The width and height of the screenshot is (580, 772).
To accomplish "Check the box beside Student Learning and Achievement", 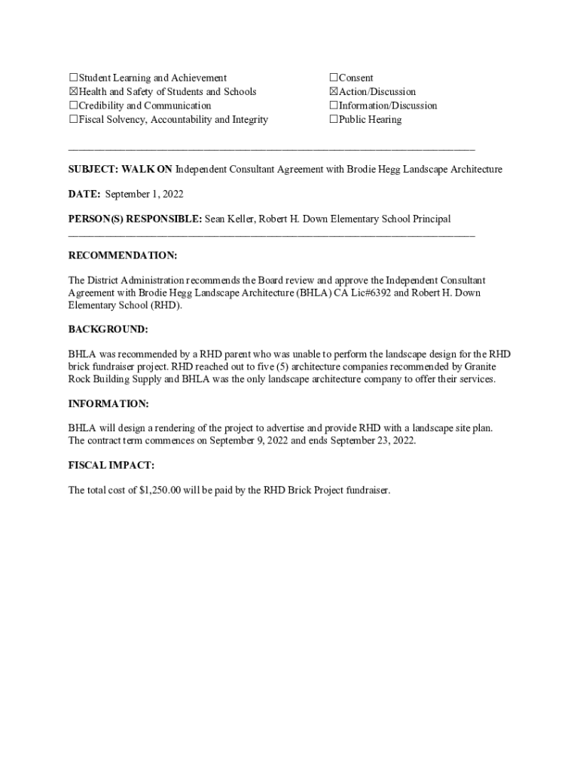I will pyautogui.click(x=73, y=78).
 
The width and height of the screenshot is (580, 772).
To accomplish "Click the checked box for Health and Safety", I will pyautogui.click(x=73, y=92).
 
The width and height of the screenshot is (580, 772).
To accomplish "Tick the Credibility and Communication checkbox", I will pyautogui.click(x=73, y=106).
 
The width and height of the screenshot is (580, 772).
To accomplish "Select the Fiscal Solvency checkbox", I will pyautogui.click(x=73, y=120).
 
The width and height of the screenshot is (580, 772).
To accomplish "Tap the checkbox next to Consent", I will pyautogui.click(x=334, y=78).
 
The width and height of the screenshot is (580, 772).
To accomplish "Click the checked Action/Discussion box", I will pyautogui.click(x=334, y=92).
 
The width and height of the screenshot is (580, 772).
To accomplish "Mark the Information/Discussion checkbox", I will pyautogui.click(x=334, y=106).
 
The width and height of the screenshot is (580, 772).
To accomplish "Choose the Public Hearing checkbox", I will pyautogui.click(x=334, y=120).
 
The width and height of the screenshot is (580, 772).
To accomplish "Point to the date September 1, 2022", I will pyautogui.click(x=144, y=195).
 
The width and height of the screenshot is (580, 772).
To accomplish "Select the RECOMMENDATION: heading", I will pyautogui.click(x=123, y=256).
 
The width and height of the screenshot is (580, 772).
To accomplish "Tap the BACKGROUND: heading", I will pyautogui.click(x=108, y=329).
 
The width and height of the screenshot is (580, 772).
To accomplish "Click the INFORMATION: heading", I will pyautogui.click(x=108, y=403).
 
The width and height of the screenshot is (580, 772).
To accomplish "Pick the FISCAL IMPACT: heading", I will pyautogui.click(x=111, y=466).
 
